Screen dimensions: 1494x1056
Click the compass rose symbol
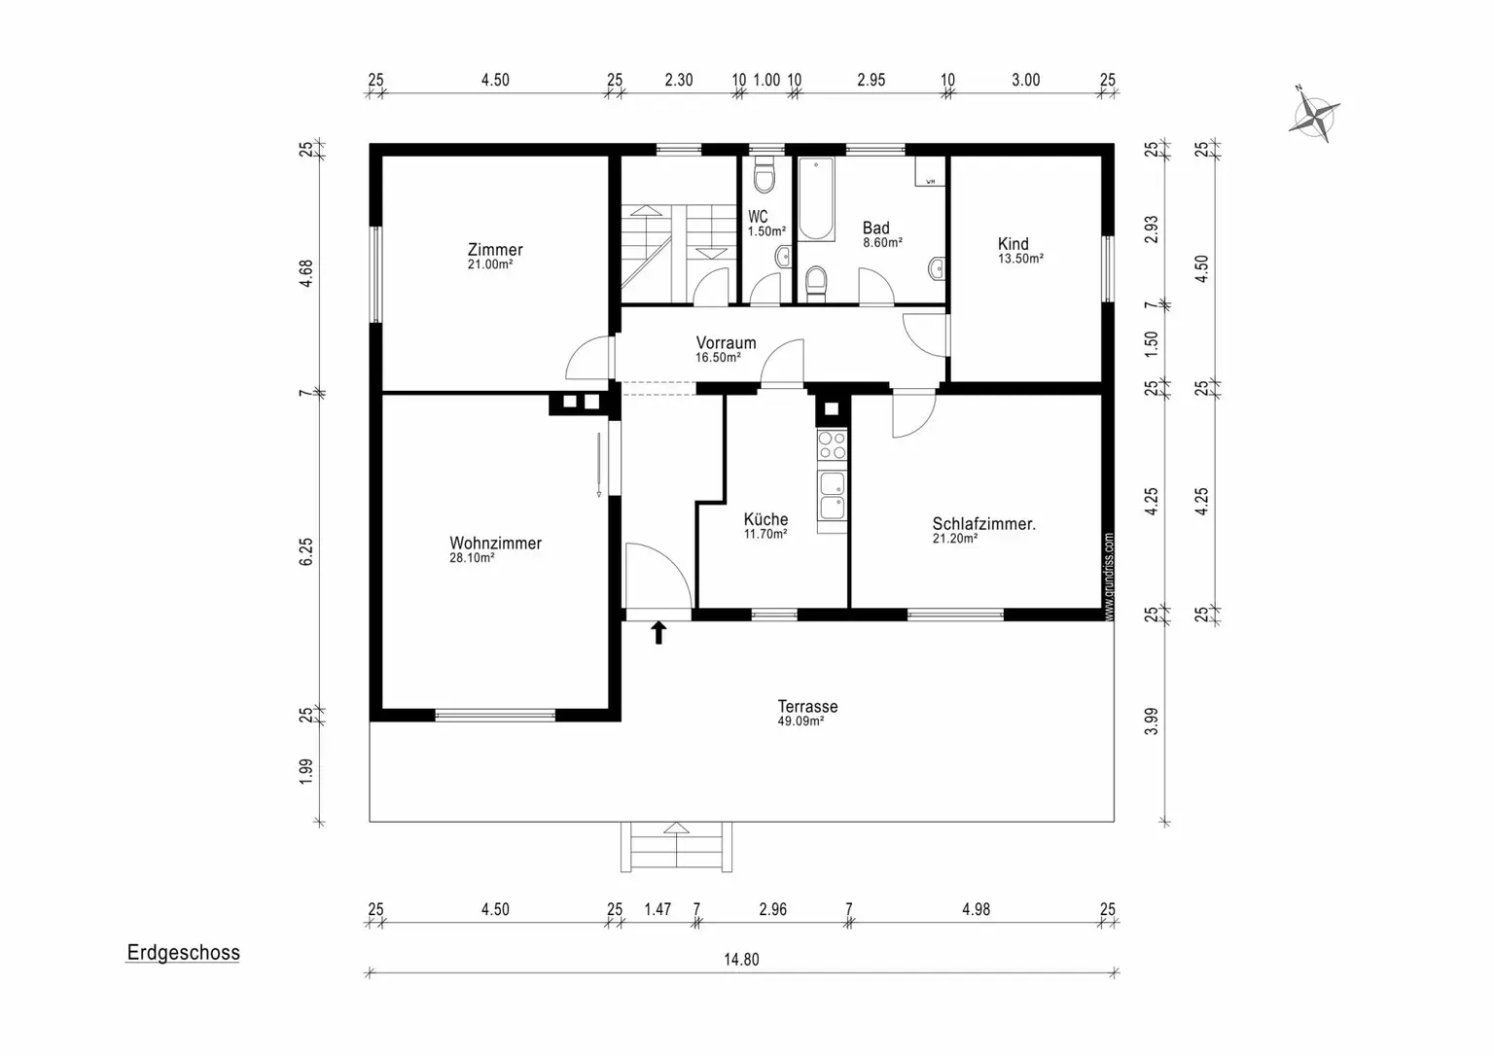point(1315,117)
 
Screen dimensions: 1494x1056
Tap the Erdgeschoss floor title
point(184,953)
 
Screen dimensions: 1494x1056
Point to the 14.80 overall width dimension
point(742,960)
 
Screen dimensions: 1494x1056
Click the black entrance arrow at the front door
point(658,632)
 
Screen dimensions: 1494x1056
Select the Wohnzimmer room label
point(495,544)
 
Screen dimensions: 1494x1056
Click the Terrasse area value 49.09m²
point(801,721)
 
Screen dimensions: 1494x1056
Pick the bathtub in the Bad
point(816,198)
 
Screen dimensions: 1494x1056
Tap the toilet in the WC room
point(765,175)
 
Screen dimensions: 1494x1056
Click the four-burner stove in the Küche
point(833,445)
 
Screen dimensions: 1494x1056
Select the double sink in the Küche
point(833,495)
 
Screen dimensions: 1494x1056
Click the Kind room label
point(1014,244)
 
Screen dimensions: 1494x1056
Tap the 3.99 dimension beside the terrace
point(1152,722)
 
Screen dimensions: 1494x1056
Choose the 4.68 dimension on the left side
point(305,273)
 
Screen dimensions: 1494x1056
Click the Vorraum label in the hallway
point(727,342)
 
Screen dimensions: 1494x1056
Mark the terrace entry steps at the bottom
point(676,847)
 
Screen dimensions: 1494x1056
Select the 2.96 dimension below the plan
point(773,909)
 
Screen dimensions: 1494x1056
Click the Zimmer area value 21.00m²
point(490,264)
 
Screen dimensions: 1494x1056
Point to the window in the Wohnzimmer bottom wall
point(495,716)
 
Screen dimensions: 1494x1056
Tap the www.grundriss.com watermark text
point(1109,577)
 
